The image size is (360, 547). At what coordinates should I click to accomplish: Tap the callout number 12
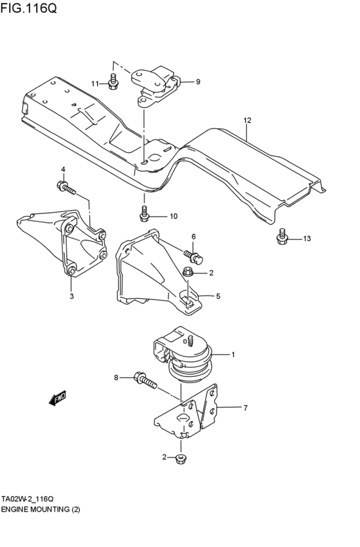248,120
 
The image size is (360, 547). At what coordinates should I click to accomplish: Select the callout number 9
198,82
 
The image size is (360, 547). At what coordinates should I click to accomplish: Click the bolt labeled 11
114,82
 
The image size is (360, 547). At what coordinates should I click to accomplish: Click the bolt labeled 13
282,237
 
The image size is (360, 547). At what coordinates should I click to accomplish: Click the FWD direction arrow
57,399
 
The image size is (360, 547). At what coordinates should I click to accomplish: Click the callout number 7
245,408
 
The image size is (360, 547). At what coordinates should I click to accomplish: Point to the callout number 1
233,354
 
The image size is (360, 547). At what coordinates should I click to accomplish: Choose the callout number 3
71,296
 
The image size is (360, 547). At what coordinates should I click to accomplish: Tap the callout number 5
218,296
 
